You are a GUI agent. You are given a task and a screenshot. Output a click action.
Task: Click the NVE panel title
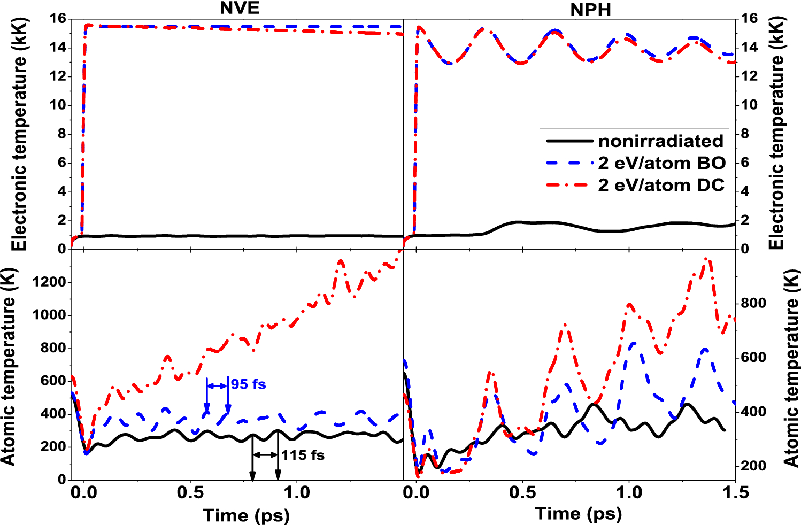(240, 8)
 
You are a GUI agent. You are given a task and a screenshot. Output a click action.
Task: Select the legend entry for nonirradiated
(660, 141)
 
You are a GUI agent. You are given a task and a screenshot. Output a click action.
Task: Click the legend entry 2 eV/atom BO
(661, 163)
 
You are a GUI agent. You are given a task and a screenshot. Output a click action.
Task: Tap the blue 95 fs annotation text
(248, 384)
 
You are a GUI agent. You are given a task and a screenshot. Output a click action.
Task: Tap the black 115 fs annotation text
(303, 455)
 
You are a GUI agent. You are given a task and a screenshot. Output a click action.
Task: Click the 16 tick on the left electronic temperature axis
(57, 19)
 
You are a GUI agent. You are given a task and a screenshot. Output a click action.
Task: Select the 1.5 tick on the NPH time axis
(736, 492)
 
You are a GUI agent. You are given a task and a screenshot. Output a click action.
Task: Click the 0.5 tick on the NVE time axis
(190, 492)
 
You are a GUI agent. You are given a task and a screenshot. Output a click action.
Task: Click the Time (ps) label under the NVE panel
(246, 515)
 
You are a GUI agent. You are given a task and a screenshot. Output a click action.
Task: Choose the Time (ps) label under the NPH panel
(579, 514)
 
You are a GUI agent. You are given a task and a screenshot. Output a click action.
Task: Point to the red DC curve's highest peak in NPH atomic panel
(708, 259)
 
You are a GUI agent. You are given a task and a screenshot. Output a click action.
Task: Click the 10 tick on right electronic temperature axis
(749, 105)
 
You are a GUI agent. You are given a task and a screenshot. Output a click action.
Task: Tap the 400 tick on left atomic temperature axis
(53, 414)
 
